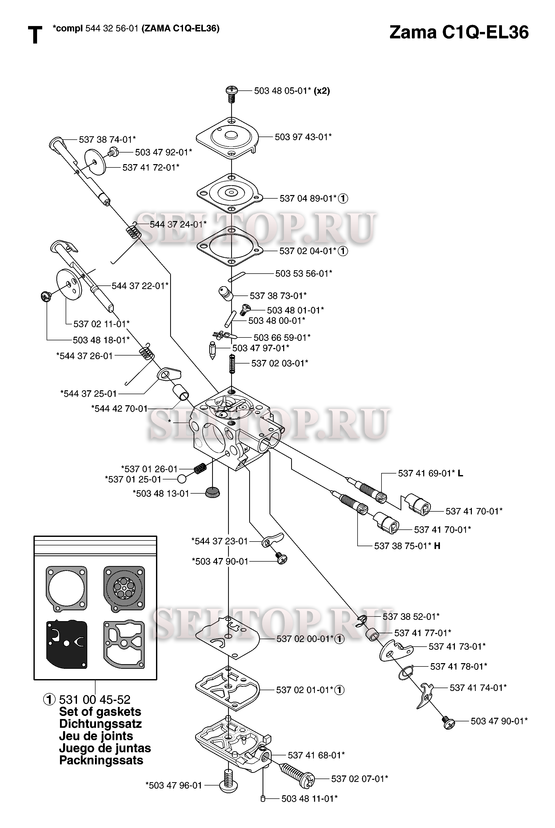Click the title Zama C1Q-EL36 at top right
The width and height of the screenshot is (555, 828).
tap(459, 32)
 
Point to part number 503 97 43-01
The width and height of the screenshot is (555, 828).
tap(303, 137)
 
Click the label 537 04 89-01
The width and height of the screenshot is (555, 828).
tap(308, 198)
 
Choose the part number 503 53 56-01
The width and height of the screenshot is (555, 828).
tap(304, 273)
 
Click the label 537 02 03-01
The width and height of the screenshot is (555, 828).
tap(280, 363)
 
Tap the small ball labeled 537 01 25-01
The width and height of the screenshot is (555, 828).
tap(182, 479)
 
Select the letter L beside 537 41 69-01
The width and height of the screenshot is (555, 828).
tap(460, 473)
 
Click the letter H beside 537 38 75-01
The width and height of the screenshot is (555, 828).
tap(437, 546)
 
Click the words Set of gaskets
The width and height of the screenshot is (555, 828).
tap(100, 712)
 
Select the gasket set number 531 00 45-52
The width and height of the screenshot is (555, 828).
tap(94, 699)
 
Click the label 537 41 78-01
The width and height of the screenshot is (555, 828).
tap(458, 666)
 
